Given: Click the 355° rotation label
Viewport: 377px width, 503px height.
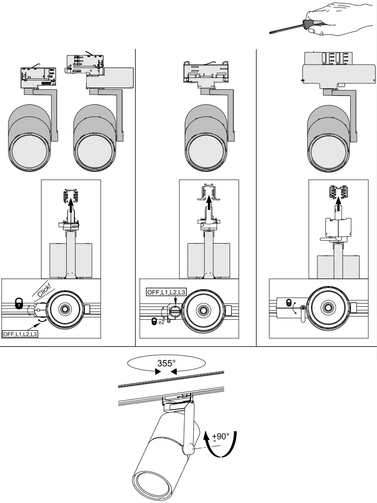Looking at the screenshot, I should pyautogui.click(x=166, y=363).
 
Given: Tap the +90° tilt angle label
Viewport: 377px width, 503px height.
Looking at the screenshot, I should pyautogui.click(x=221, y=437).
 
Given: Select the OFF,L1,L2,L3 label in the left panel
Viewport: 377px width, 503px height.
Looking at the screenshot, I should pyautogui.click(x=20, y=334).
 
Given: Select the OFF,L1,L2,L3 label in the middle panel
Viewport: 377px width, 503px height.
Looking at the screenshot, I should pyautogui.click(x=165, y=292).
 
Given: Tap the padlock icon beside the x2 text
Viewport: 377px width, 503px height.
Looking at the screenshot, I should pyautogui.click(x=155, y=322).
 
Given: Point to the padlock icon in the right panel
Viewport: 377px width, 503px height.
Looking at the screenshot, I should pyautogui.click(x=289, y=302).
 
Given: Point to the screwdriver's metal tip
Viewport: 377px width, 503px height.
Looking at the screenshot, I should pyautogui.click(x=271, y=32).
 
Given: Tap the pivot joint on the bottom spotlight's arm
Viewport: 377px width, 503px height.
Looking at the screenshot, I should pyautogui.click(x=188, y=450).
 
